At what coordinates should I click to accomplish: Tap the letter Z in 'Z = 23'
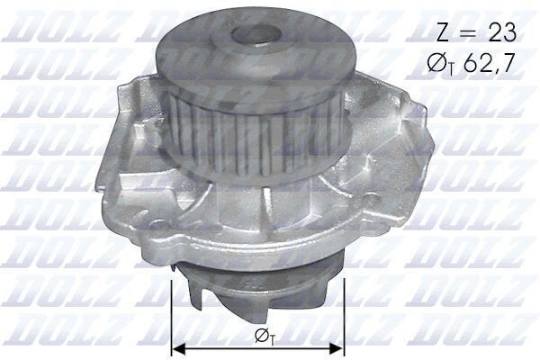[x=443, y=33]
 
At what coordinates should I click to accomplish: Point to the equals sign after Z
[x=468, y=34]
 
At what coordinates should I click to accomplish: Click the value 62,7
[x=491, y=65]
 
